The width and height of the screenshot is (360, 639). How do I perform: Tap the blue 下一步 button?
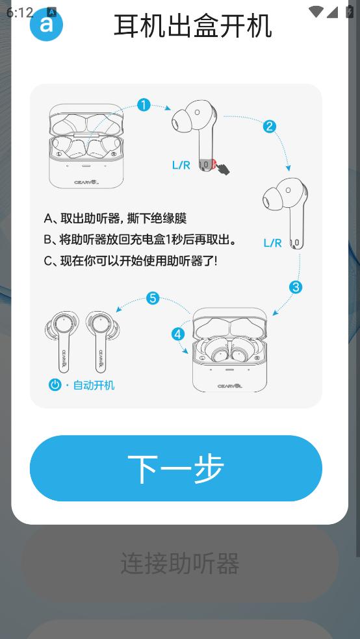pos(175,468)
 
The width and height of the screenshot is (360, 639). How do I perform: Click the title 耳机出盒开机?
pos(192,26)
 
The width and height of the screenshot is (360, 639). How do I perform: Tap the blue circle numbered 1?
pos(143,105)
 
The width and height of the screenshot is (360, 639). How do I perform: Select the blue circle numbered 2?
pos(269,127)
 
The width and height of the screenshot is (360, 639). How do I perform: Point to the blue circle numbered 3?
pos(296,287)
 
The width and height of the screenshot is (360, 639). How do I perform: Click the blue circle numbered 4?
pos(178,334)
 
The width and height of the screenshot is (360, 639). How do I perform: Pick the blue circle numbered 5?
pos(153,298)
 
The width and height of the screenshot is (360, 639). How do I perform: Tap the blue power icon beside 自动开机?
pos(55,384)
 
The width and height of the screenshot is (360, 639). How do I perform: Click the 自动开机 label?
pos(94,384)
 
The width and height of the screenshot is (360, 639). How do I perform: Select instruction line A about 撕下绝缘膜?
pos(115,218)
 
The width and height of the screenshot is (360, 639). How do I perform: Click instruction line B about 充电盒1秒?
pos(140,240)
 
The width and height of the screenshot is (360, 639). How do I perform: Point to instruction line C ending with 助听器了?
pos(131,261)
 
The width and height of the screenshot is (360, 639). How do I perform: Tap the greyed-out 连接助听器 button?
pos(180,563)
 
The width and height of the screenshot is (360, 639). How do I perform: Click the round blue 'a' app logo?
pos(47,25)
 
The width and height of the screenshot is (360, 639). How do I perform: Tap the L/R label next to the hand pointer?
pos(181,165)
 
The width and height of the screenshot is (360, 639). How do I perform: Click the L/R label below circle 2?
pos(272,244)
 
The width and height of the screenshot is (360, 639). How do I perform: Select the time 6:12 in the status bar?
pos(19,12)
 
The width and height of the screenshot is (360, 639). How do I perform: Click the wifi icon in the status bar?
pos(316,12)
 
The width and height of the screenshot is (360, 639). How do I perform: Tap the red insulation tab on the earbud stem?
pos(213,165)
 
